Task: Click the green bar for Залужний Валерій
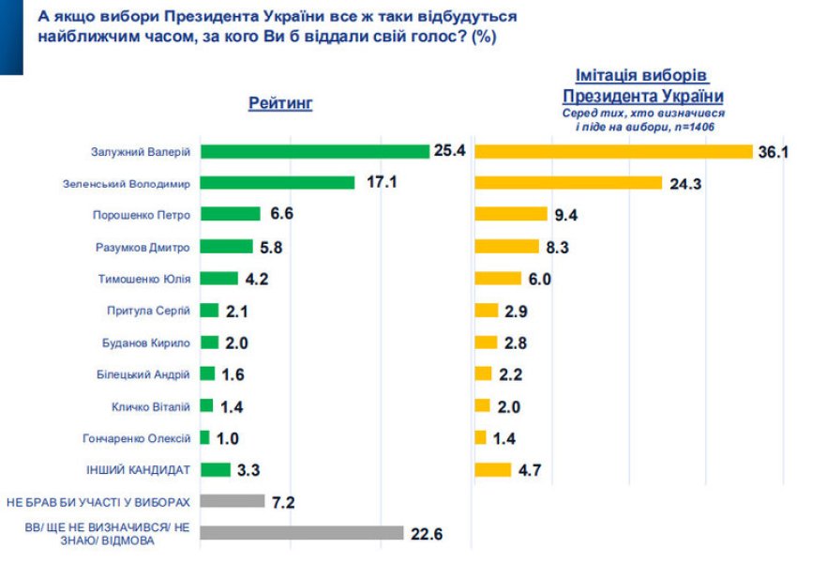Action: pos(315,151)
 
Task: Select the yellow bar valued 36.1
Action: pos(614,151)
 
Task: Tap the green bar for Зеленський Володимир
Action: pos(278,183)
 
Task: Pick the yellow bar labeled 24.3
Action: pos(568,183)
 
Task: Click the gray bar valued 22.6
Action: pos(303,533)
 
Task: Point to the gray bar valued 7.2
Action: pos(233,501)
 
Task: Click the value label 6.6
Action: pos(282,215)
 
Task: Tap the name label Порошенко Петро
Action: pos(142,215)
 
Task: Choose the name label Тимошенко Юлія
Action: pos(144,279)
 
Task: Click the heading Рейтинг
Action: pos(280,103)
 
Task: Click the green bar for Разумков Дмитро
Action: pos(227,247)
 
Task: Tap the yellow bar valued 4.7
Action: pos(493,469)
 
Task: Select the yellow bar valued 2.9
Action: pos(487,311)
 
